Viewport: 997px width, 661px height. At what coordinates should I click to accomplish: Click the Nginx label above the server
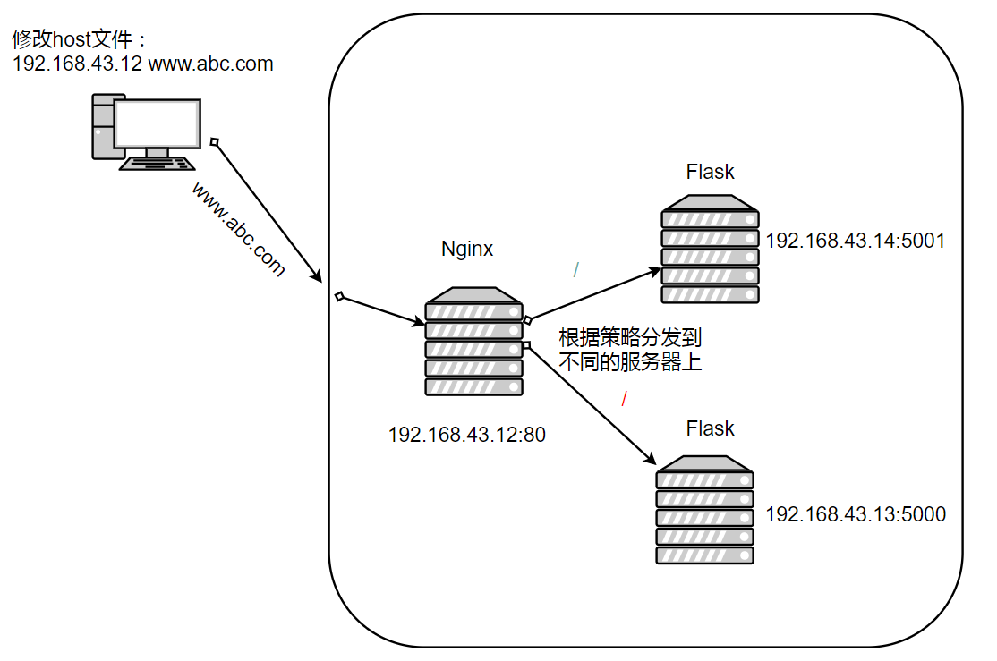pyautogui.click(x=467, y=249)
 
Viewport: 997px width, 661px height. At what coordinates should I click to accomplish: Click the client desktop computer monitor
pyautogui.click(x=157, y=125)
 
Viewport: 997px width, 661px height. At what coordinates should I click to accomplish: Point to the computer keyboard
pyautogui.click(x=158, y=163)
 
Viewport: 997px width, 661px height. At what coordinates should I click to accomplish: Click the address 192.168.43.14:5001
pyautogui.click(x=856, y=241)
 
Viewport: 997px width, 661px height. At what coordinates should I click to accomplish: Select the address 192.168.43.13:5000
pyautogui.click(x=856, y=514)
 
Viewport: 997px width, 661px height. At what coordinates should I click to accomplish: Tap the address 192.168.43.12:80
pyautogui.click(x=466, y=436)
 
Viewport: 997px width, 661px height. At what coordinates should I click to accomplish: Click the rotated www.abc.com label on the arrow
pyautogui.click(x=237, y=229)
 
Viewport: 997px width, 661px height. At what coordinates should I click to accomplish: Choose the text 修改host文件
pyautogui.click(x=77, y=40)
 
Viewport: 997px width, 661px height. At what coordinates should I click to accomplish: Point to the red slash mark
pyautogui.click(x=624, y=398)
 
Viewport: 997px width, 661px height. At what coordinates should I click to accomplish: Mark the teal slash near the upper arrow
pyautogui.click(x=577, y=269)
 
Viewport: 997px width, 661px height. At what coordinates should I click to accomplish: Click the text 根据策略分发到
pyautogui.click(x=630, y=338)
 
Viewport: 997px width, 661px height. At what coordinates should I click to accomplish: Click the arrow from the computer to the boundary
pyautogui.click(x=267, y=211)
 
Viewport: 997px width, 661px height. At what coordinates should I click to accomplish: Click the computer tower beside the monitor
pyautogui.click(x=103, y=125)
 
